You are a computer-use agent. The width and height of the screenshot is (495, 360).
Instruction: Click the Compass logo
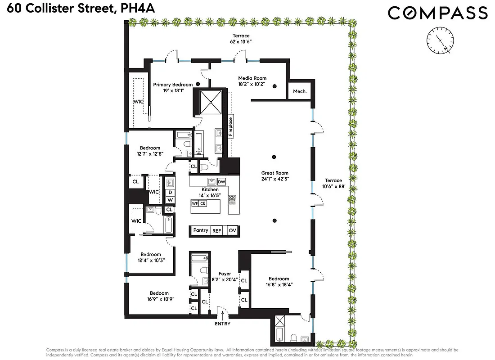[437, 13]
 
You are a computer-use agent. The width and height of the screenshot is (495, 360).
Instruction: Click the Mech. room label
[300, 91]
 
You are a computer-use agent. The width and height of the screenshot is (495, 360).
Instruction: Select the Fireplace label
[231, 126]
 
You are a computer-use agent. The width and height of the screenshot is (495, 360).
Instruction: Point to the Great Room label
[274, 173]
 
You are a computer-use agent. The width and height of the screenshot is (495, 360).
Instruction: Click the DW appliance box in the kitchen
[221, 181]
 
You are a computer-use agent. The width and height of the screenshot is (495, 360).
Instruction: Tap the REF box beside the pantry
[217, 230]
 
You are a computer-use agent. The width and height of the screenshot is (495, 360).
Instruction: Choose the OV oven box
[232, 230]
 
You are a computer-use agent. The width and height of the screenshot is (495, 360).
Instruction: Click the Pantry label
[201, 230]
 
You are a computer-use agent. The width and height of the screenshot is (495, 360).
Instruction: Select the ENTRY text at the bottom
[223, 324]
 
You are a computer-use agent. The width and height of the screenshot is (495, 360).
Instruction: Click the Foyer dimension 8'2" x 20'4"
[225, 279]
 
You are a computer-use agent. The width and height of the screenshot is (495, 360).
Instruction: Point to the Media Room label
[252, 78]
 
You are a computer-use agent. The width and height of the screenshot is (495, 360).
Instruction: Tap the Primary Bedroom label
[173, 84]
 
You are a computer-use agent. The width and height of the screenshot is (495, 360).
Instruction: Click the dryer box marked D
[170, 192]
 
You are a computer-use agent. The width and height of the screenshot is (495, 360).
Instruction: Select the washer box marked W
[170, 200]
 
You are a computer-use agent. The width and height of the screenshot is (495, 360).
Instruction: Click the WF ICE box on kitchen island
[198, 203]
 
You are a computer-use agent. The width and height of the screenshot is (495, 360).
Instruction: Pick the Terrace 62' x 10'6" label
[241, 39]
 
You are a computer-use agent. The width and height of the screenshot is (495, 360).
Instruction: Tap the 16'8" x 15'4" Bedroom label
[279, 282]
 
